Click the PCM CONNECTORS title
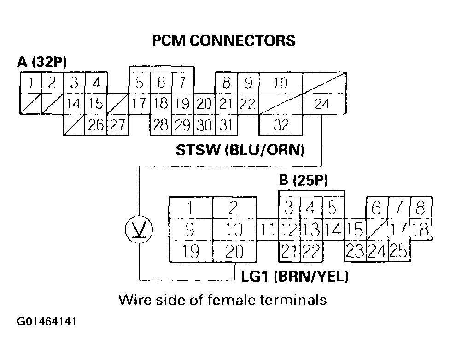[223, 41]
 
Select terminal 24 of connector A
[322, 104]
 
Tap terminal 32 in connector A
[281, 125]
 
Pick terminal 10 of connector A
[281, 83]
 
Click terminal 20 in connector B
[234, 252]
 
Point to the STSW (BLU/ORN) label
[240, 151]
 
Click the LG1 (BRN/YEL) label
[295, 277]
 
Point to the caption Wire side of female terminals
[222, 300]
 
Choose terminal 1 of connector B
[191, 208]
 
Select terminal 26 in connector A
[96, 125]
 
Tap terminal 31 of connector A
[226, 125]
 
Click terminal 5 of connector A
[139, 83]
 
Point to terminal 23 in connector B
[355, 252]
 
